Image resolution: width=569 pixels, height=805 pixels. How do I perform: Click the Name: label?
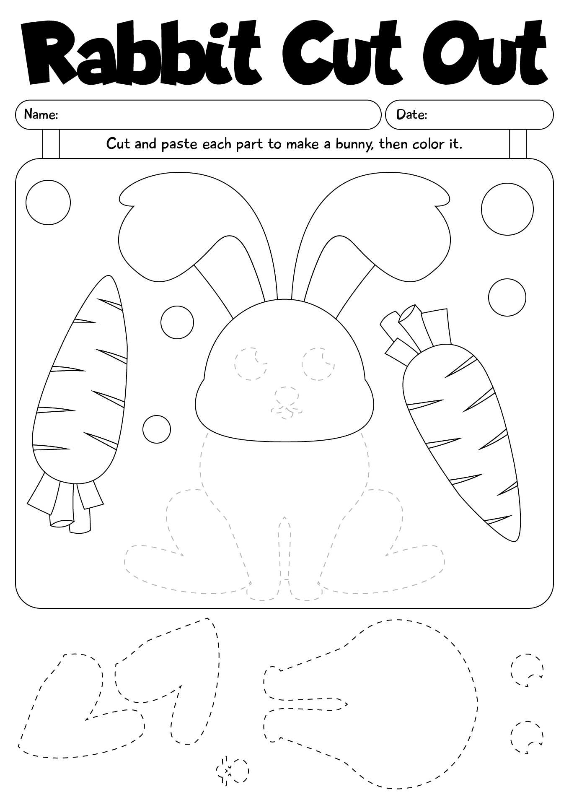(41, 114)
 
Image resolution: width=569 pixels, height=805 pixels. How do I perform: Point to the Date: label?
(411, 114)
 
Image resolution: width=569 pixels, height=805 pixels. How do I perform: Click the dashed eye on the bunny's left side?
(251, 364)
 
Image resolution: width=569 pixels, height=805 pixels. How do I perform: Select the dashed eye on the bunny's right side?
(318, 364)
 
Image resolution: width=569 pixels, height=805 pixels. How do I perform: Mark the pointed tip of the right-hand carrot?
(518, 537)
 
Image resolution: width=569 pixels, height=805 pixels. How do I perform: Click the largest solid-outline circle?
(507, 208)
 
